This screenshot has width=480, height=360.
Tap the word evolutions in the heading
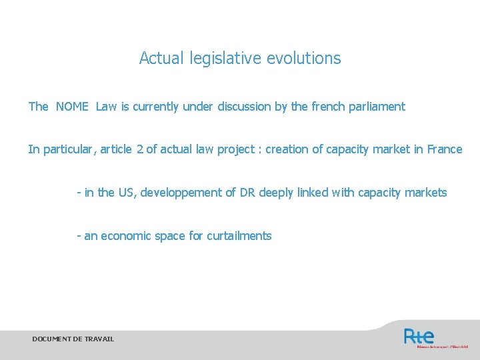pyautogui.click(x=303, y=59)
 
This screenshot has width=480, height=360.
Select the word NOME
pyautogui.click(x=72, y=107)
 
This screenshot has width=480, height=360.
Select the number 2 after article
pyautogui.click(x=139, y=149)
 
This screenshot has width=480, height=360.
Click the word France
pyautogui.click(x=444, y=149)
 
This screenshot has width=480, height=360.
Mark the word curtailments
pyautogui.click(x=239, y=236)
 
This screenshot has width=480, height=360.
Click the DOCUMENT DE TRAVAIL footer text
pyautogui.click(x=73, y=339)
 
